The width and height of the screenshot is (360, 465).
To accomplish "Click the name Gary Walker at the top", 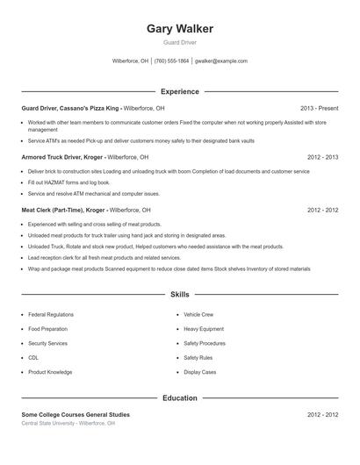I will (x=180, y=29).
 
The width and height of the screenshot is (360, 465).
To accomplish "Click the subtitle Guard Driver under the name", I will (x=180, y=43).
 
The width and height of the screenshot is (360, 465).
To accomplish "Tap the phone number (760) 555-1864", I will (x=172, y=61).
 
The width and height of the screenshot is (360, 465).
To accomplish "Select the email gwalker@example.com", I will (x=221, y=61).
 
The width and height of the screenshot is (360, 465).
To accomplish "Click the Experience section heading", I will (x=180, y=91).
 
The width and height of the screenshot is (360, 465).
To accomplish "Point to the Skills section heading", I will (x=180, y=296).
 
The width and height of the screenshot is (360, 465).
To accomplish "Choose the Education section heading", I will (x=180, y=398).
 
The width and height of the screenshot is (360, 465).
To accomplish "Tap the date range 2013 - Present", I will (x=319, y=108).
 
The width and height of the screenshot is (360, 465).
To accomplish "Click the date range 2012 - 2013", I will (x=322, y=157).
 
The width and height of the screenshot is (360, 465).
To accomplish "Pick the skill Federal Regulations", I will (x=50, y=314).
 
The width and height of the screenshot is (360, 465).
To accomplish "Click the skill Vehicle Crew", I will (x=198, y=314).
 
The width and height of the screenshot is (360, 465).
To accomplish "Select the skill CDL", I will (x=33, y=358).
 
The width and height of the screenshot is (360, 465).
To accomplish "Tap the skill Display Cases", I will (x=200, y=372).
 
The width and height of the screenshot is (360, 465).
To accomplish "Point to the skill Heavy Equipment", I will (x=204, y=329).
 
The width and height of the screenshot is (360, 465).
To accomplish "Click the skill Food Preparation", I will (x=47, y=329).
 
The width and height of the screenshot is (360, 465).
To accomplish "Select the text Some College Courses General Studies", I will (x=76, y=414).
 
